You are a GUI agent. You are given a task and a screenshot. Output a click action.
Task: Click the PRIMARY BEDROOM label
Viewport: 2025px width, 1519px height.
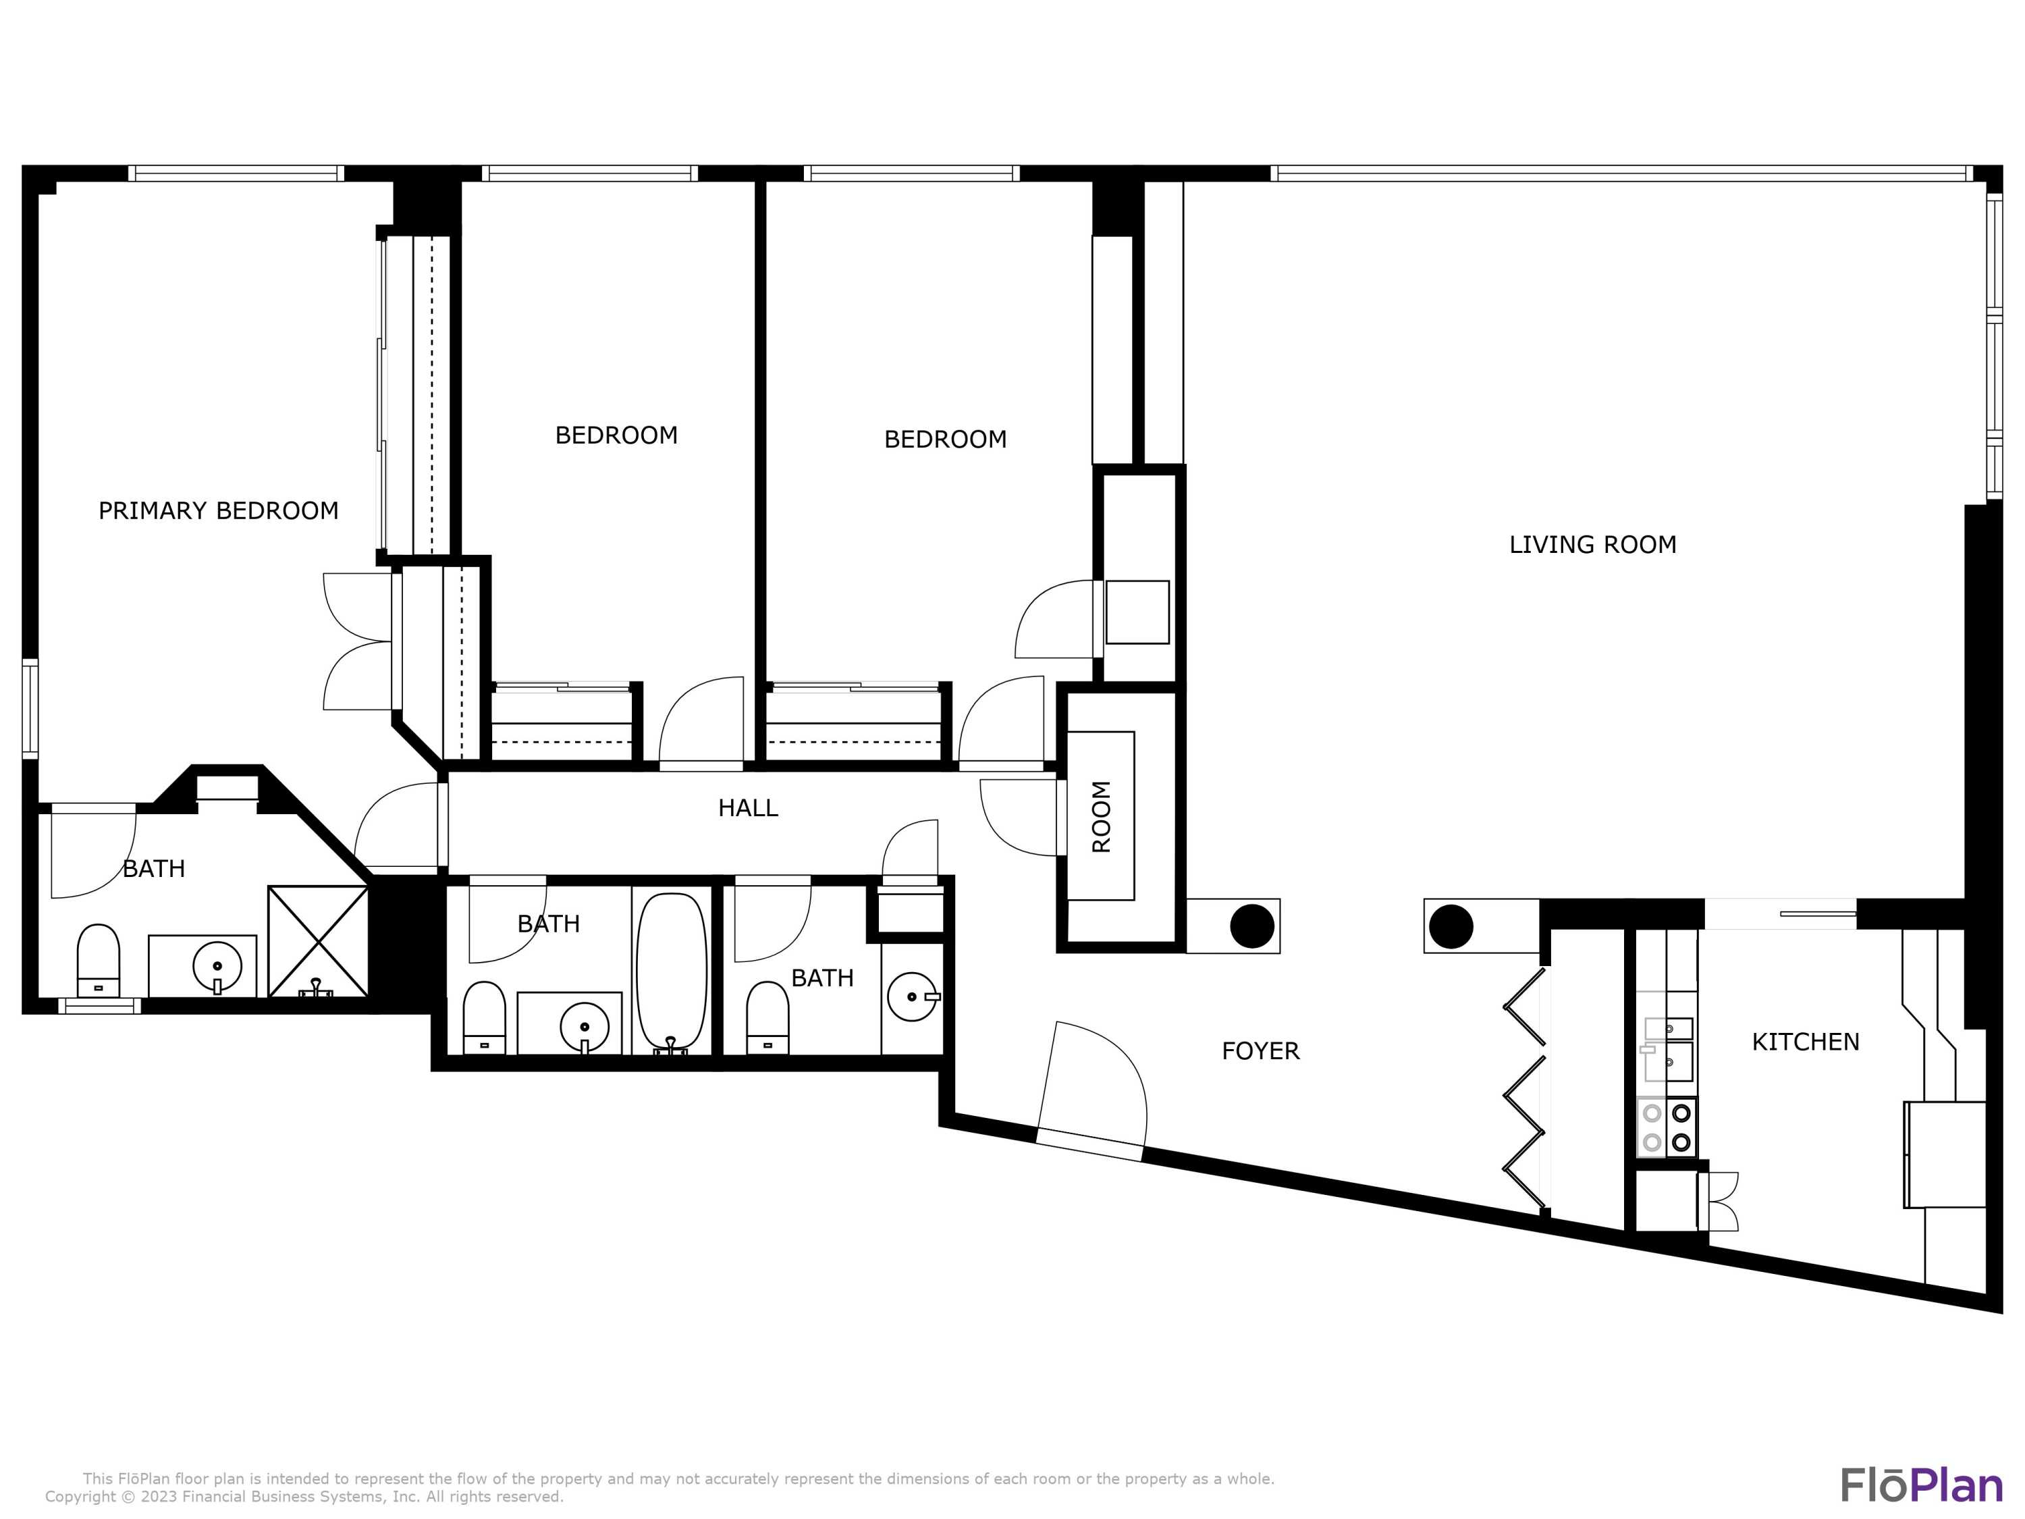pos(218,511)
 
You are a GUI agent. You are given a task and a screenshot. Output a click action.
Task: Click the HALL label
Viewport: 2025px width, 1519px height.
pos(747,807)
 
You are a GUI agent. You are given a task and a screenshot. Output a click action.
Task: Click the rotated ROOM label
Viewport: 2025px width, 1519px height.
pos(1102,816)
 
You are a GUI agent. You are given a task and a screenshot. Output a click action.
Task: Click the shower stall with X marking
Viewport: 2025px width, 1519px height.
pos(318,940)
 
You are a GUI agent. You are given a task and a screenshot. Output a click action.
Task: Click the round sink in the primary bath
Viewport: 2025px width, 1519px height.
pos(217,966)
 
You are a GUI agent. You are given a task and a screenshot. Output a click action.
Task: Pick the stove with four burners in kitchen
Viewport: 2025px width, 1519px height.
pos(1666,1127)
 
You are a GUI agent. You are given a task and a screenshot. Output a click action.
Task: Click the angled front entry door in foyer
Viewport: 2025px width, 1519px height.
pos(1091,1090)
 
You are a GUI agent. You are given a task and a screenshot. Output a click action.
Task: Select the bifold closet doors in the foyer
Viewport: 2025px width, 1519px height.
pos(1524,1088)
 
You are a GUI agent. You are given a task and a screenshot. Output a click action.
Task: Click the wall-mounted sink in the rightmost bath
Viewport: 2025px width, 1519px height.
pos(912,996)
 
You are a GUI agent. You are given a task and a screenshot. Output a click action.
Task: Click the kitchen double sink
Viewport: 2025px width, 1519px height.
pos(1668,1048)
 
